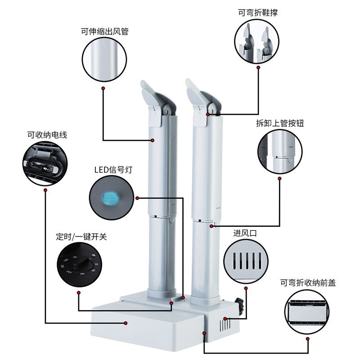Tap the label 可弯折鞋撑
tap(258, 13)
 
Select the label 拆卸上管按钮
tap(280, 123)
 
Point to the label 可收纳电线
tap(47, 135)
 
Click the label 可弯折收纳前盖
tap(308, 283)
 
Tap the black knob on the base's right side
tap(240, 306)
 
